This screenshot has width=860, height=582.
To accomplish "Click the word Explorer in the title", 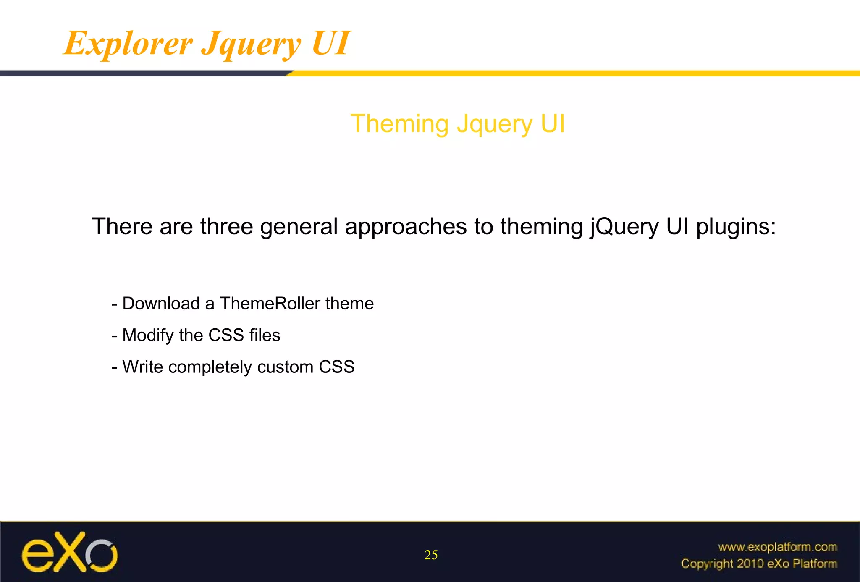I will [128, 44].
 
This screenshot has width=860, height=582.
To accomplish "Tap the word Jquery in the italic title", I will [251, 45].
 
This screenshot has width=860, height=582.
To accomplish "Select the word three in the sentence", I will [226, 227].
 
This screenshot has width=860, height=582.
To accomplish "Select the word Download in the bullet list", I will [161, 304].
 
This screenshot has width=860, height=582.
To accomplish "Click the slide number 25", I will [431, 555].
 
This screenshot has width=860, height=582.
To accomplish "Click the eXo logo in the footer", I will [70, 553].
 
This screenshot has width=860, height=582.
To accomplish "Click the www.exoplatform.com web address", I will [777, 547].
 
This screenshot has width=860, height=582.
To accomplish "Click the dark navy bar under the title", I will [143, 73].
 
